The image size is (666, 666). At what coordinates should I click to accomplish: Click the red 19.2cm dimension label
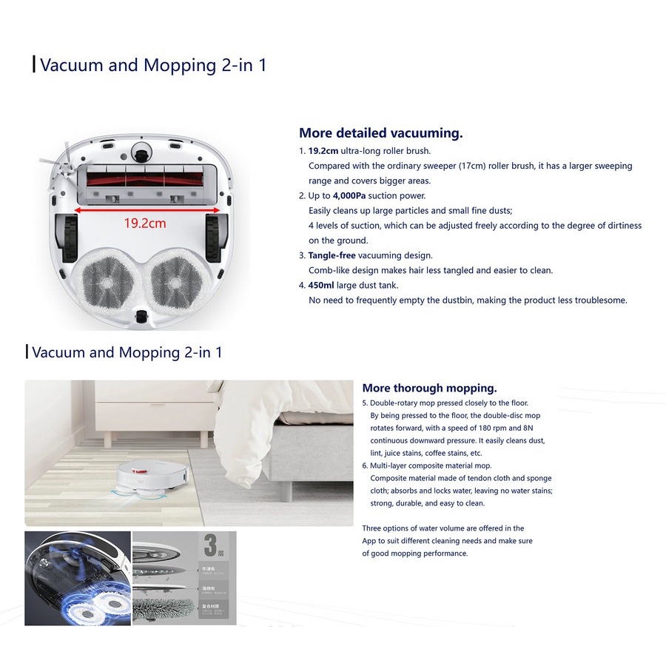144,223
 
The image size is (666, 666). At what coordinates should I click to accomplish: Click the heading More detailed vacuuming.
380,133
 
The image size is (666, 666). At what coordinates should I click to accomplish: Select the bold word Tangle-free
332,255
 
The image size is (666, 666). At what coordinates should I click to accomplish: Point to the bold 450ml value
321,285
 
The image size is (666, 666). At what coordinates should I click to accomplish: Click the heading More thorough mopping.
429,388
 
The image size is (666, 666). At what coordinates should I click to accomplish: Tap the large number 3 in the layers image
211,547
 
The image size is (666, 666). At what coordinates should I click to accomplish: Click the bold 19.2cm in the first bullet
323,151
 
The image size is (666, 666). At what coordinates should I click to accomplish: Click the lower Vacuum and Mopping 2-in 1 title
127,352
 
